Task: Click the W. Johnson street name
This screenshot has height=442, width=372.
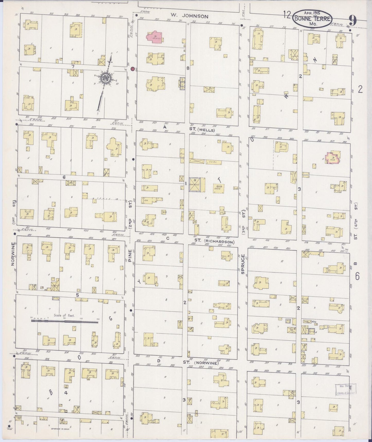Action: tap(189, 16)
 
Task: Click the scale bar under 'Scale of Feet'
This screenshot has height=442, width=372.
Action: tap(64, 321)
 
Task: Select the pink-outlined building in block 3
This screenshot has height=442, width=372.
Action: tap(332, 158)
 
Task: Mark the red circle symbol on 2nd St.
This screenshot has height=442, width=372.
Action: tap(132, 69)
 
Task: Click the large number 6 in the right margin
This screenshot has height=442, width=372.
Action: tap(357, 276)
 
